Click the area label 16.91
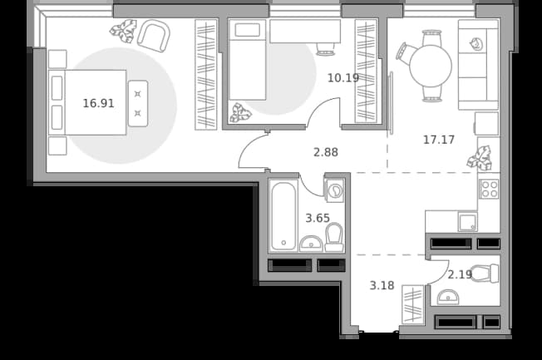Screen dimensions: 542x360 pos(99,103)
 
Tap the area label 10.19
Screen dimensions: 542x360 pos(343,78)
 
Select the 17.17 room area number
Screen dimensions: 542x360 pos(439,140)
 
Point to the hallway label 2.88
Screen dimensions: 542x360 pos(326,152)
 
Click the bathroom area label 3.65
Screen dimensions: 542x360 pos(318,218)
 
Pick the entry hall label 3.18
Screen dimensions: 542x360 pos(382,286)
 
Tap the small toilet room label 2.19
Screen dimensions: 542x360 pos(460,274)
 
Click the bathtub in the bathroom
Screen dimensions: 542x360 pos(283,215)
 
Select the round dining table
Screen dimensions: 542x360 pos(431,66)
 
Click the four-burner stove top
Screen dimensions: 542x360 pos(489,189)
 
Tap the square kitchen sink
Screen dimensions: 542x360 pos(468,222)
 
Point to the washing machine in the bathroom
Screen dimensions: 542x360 pos(334,190)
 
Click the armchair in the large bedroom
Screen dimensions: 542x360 pos(154,36)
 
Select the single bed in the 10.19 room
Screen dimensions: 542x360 pos(247,60)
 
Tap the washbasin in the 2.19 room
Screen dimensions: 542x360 pos(448,297)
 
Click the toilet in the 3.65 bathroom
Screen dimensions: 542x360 pos(334,237)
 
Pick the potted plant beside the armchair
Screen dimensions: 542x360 pos(123,31)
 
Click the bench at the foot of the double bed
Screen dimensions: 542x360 pos(138,103)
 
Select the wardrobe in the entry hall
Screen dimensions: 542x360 pos(413,305)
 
